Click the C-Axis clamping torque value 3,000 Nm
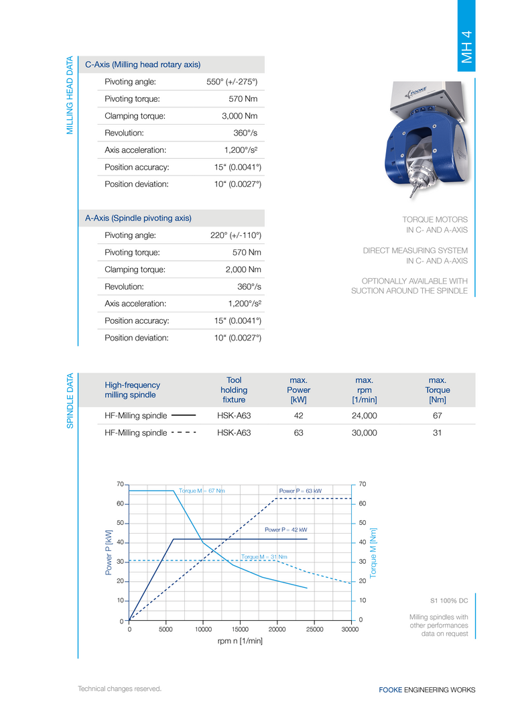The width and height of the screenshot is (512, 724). click(239, 116)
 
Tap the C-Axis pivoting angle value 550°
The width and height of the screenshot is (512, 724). click(232, 82)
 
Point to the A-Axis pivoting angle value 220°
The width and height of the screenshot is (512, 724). click(235, 235)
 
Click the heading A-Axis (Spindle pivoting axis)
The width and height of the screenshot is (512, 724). click(138, 218)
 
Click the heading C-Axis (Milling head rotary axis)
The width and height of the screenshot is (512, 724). click(143, 64)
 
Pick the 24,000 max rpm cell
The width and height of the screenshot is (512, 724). click(364, 416)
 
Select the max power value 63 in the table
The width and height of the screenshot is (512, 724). click(298, 433)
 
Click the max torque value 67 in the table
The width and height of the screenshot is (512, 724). click(437, 416)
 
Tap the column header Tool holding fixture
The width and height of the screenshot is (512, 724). click(234, 389)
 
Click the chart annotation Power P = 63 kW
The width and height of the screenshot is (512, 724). click(300, 491)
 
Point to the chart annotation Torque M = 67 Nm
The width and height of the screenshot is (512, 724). click(202, 491)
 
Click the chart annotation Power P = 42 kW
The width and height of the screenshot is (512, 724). click(285, 530)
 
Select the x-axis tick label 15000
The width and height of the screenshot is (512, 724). click(240, 629)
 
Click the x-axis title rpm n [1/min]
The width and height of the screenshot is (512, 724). click(240, 642)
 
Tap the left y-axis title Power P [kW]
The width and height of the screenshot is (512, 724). click(109, 552)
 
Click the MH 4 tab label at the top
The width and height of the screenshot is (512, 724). click(467, 48)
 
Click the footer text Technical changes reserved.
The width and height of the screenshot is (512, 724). click(120, 688)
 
